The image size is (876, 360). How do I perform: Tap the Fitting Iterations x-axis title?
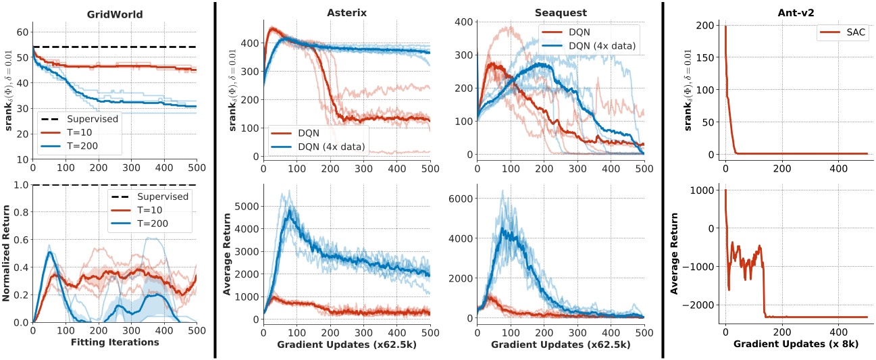click(115, 342)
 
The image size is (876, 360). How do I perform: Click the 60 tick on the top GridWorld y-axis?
click(22, 32)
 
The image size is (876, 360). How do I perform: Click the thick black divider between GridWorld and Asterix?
click(215, 179)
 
